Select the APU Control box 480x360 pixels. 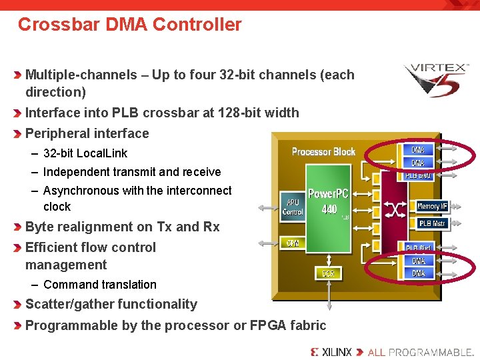[293, 207]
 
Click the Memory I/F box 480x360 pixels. [432, 207]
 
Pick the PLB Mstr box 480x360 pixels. [432, 223]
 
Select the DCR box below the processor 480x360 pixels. [328, 273]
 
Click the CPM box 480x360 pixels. [293, 243]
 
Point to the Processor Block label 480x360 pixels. [323, 152]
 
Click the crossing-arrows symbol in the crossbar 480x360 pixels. [395, 210]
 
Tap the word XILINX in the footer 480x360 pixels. [337, 352]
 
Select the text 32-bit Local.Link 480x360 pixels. [85, 153]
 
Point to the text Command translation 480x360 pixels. [99, 285]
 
